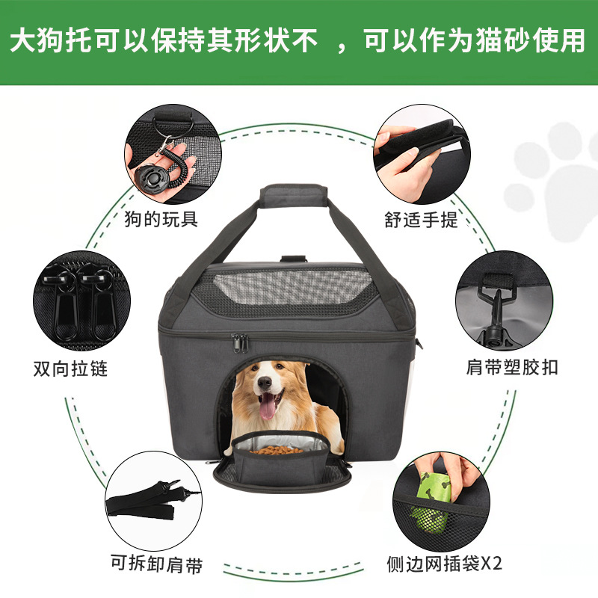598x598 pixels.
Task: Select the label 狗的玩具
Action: coord(162,218)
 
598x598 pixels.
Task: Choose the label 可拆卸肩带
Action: coord(155,564)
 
